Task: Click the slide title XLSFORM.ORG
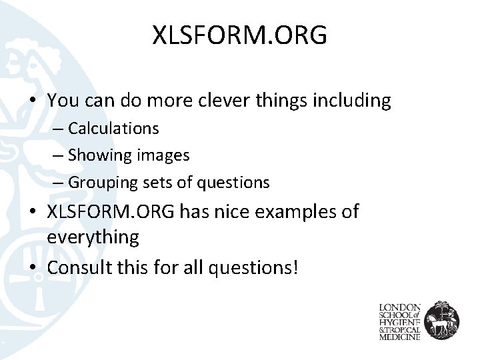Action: tap(240, 35)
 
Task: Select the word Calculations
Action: tap(113, 127)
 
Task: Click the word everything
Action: tap(93, 236)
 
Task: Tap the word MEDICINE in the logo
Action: tap(399, 337)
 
